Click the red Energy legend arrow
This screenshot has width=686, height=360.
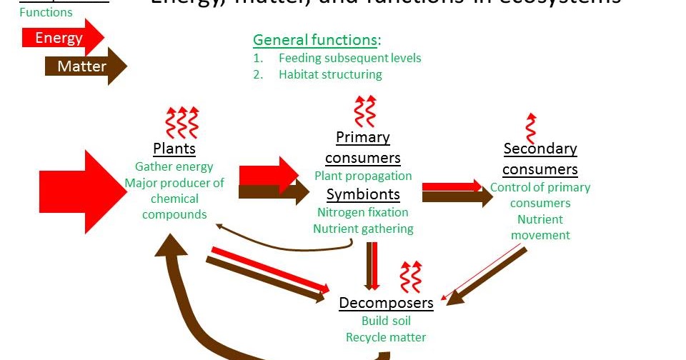[63, 39]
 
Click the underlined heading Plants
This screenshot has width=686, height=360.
[174, 149]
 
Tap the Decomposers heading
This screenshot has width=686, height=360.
[386, 303]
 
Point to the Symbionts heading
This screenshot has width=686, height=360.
[363, 194]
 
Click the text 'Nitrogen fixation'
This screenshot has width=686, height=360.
[363, 212]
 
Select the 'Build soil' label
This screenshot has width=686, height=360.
[386, 321]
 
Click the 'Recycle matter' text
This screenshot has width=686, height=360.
[386, 337]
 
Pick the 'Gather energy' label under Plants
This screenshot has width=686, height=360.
[174, 167]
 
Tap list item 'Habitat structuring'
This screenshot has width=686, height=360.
[330, 74]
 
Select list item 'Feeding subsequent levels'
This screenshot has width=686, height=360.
[349, 58]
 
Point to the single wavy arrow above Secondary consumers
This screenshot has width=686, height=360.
[530, 129]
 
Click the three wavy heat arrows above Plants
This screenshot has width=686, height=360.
[182, 122]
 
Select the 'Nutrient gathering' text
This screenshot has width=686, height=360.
[363, 229]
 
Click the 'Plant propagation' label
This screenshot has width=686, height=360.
[363, 176]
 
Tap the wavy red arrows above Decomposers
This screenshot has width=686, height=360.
[410, 277]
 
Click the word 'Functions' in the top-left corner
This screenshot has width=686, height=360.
[46, 12]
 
